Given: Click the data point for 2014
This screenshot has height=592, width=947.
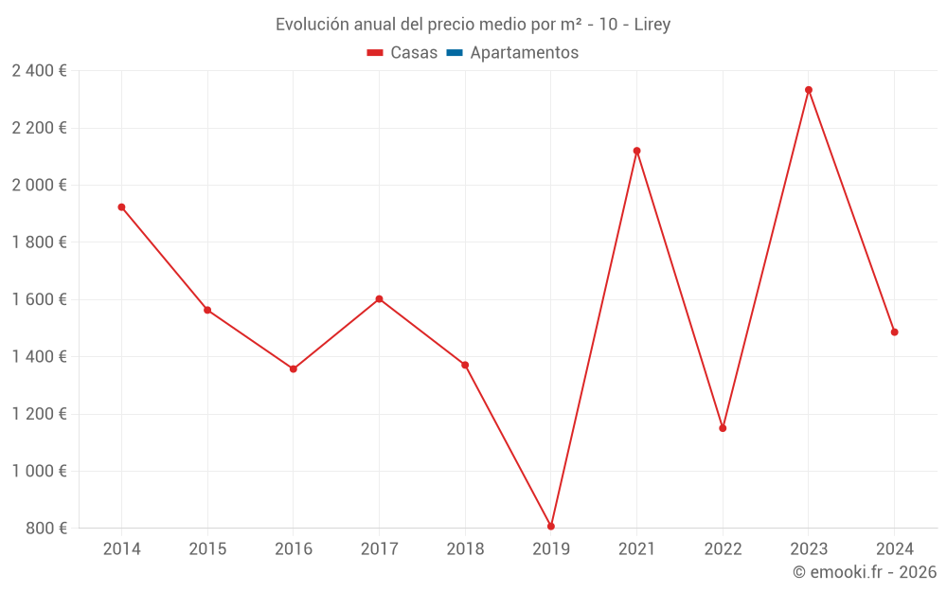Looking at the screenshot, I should tap(121, 207).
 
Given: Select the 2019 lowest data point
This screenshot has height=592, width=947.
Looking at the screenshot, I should tap(551, 527).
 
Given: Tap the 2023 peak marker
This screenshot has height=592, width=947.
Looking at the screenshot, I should tap(809, 90).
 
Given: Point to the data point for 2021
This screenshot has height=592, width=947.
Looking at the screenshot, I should tap(636, 151).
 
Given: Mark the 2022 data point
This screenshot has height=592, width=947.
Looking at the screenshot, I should tap(723, 428).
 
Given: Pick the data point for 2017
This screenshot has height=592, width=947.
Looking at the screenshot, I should tap(379, 299).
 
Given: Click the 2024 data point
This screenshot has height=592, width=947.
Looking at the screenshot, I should tap(894, 332).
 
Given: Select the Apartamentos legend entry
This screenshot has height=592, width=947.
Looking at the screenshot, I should tap(524, 53).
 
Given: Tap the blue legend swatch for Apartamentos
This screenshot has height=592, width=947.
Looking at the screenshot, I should tap(454, 53).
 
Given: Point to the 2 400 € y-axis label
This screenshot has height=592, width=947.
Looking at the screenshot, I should tap(39, 71).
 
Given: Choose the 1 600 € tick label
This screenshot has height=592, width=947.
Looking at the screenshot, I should tap(39, 299).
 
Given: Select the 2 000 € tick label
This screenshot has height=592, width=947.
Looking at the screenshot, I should tap(39, 186).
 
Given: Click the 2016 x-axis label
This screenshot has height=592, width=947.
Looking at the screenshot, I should tap(294, 548).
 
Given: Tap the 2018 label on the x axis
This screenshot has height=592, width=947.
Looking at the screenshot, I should tap(465, 548).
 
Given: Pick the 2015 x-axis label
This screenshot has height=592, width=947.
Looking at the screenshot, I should tap(207, 548).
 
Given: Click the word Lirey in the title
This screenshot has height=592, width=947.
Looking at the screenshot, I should tap(652, 25).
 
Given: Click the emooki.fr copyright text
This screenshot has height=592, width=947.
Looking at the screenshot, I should tap(865, 572).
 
